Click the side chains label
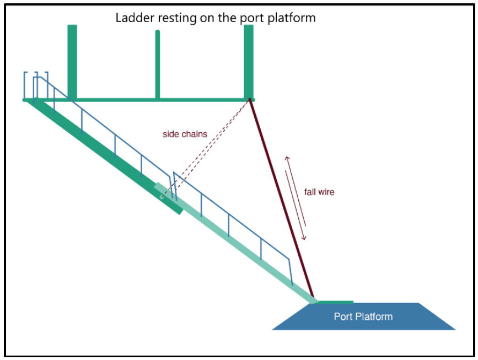pos(185,134)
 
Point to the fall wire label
pos(319,192)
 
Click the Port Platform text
pos(363,316)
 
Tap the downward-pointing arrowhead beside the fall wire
pos(304,238)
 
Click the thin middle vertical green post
pos(158,63)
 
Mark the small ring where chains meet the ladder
pos(162,196)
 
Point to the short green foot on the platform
pos(335,302)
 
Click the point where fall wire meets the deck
pos(250,100)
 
